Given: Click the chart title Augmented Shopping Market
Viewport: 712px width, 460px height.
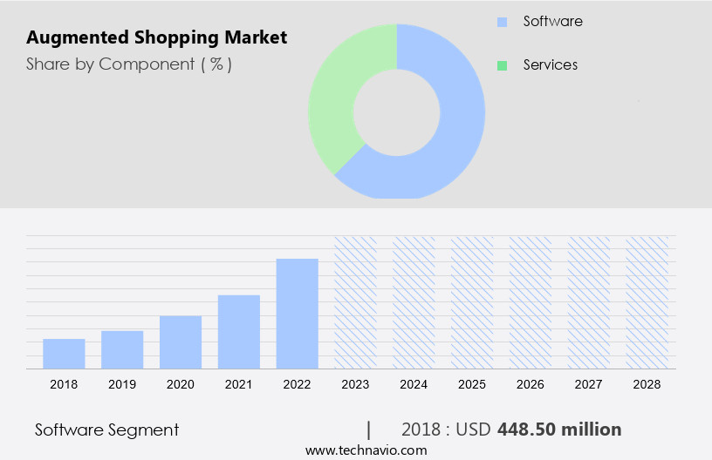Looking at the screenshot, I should pos(156,38).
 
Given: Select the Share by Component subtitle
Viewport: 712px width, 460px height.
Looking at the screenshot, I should pos(129,64).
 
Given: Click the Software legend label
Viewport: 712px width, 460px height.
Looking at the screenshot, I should pos(552,21).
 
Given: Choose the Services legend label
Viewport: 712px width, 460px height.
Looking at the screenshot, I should pos(550,64).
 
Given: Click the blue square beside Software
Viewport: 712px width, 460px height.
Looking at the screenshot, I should pos(502,22).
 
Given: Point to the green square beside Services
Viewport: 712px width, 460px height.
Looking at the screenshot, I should pos(502,65).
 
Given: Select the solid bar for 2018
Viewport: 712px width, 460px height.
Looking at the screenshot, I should pos(64,354).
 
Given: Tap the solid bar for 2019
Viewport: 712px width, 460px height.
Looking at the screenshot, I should pos(122,349).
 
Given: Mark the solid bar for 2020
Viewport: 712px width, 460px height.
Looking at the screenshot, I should pos(181,342).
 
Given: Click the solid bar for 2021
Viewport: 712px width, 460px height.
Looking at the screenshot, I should pos(239,332).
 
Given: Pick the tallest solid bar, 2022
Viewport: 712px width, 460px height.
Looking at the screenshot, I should pos(298,314).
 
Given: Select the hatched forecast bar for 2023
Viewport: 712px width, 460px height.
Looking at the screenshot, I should pos(356,302).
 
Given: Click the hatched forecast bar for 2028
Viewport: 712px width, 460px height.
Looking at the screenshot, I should pos(647,302).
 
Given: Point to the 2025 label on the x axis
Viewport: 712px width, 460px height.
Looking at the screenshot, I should pos(472,384).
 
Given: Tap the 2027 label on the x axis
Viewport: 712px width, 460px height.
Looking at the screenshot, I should pos(589,384).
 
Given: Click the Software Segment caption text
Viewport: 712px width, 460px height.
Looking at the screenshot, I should pos(107,430).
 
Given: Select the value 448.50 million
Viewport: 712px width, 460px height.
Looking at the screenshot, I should pos(559,430).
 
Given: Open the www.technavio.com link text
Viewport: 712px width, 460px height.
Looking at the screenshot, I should pos(366,450).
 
